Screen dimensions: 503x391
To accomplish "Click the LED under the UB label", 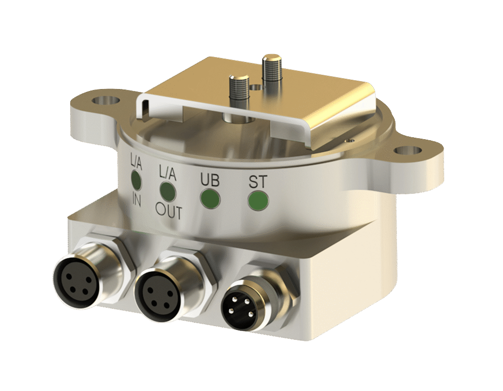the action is point(210,199).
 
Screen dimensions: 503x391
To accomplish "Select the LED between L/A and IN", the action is point(135,180).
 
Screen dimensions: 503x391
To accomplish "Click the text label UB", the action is point(210,180).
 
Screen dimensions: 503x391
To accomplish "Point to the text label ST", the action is point(258,182).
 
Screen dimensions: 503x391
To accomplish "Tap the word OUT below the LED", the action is point(169,212).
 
